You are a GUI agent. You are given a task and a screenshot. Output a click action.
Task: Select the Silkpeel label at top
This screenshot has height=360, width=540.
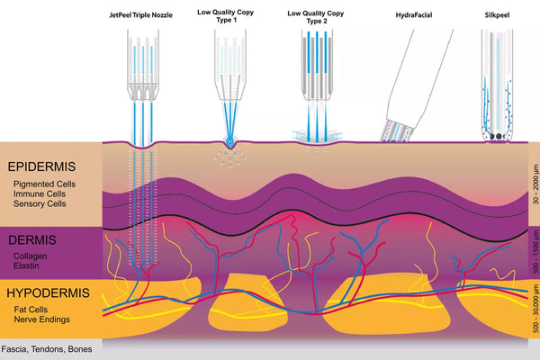point(497,14)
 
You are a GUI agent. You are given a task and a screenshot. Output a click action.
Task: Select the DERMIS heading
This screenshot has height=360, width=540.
point(32,240)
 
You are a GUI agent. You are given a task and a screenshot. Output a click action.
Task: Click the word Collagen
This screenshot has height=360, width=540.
point(31,257)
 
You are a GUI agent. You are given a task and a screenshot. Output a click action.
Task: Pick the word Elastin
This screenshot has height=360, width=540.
point(28,267)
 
